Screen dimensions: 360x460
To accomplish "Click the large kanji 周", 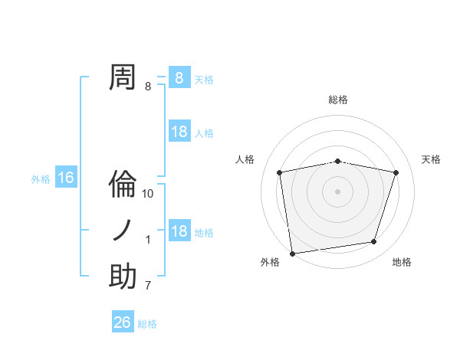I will pyautogui.click(x=123, y=77).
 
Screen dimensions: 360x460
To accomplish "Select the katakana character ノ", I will pyautogui.click(x=123, y=230).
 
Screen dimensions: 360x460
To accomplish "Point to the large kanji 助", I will pyautogui.click(x=123, y=277).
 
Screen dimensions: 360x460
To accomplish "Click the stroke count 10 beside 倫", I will pyautogui.click(x=149, y=194).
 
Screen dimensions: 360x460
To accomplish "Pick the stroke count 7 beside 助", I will pyautogui.click(x=148, y=286).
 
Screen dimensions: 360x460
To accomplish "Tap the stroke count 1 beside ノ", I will pyautogui.click(x=148, y=240).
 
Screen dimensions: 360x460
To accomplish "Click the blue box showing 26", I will pyautogui.click(x=123, y=322).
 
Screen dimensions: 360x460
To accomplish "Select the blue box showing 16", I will pyautogui.click(x=66, y=178).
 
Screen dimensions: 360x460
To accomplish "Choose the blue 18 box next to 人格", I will pyautogui.click(x=179, y=132).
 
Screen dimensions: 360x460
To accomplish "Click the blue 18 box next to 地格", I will pyautogui.click(x=179, y=231).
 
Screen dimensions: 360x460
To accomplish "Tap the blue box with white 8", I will pyautogui.click(x=179, y=77).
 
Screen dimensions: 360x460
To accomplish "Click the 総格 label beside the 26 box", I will pyautogui.click(x=148, y=324).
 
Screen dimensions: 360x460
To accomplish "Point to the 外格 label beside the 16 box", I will pyautogui.click(x=41, y=179).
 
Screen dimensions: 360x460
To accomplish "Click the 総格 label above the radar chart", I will pyautogui.click(x=338, y=100).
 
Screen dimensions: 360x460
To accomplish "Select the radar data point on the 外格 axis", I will pyautogui.click(x=292, y=253).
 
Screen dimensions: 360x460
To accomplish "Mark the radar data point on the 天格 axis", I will pyautogui.click(x=396, y=172).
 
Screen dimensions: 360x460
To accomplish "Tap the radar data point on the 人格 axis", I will pyautogui.click(x=280, y=172).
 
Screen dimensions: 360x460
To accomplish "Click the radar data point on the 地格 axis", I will pyautogui.click(x=374, y=242).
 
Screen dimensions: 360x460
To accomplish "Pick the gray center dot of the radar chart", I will pyautogui.click(x=338, y=191).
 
